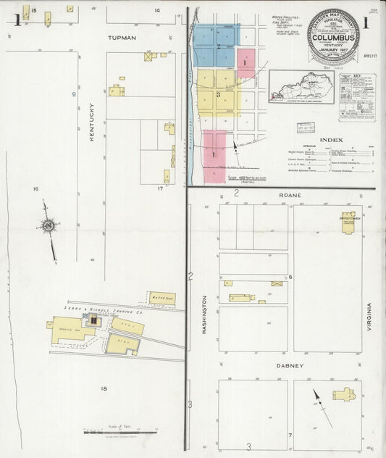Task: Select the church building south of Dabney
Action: [343, 395]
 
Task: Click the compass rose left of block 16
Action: [49, 226]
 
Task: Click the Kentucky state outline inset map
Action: [301, 87]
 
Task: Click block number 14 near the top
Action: [156, 10]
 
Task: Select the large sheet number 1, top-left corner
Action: [15, 20]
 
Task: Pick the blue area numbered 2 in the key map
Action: [217, 45]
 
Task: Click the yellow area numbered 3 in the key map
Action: [217, 94]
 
